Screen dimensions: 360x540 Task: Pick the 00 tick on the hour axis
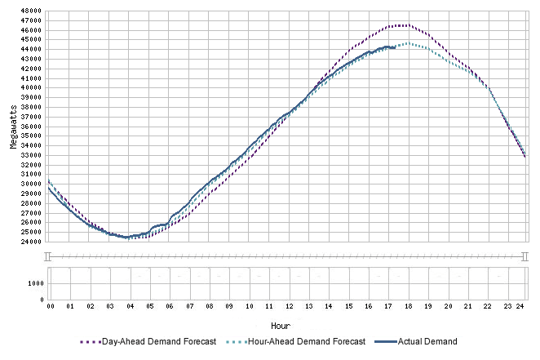pyautogui.click(x=50, y=307)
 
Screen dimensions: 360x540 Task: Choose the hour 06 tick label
pyautogui.click(x=169, y=307)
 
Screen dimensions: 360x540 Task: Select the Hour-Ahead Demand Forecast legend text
pyautogui.click(x=310, y=341)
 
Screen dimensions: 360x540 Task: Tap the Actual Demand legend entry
pyautogui.click(x=427, y=341)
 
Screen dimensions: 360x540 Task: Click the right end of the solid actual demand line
pyautogui.click(x=395, y=47)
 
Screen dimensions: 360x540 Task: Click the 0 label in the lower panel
pyautogui.click(x=42, y=300)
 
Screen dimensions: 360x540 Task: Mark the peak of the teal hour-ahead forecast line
pyautogui.click(x=407, y=43)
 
